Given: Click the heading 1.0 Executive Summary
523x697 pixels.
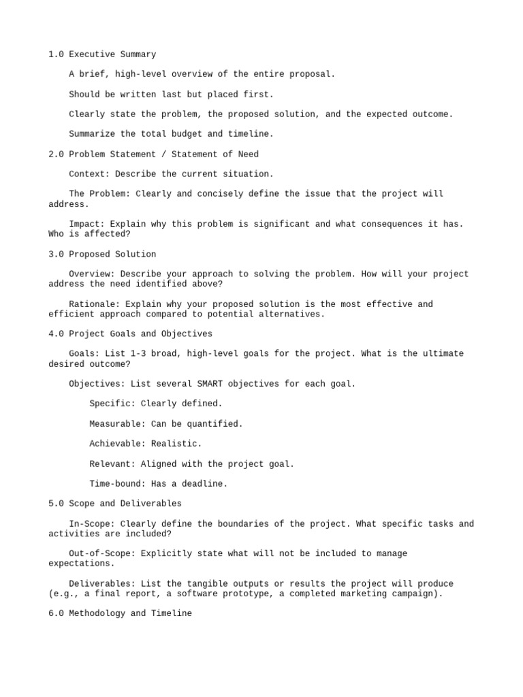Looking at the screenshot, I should [x=102, y=54].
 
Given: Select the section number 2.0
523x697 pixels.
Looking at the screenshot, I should [x=56, y=155].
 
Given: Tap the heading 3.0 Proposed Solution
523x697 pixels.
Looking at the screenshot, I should [x=102, y=255].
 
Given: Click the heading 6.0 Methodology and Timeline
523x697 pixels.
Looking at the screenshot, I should [x=120, y=613].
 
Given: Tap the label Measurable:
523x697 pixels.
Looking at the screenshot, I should [x=117, y=424].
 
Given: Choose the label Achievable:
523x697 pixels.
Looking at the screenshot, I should [x=117, y=444].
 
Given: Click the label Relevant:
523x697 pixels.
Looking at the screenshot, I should [x=112, y=464].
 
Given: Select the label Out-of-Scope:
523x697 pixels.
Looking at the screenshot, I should [x=102, y=554].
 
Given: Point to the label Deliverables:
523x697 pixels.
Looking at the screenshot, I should [x=102, y=584].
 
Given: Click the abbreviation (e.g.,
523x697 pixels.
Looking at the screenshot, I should [x=64, y=594].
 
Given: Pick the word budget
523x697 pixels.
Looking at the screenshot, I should [x=187, y=134].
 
